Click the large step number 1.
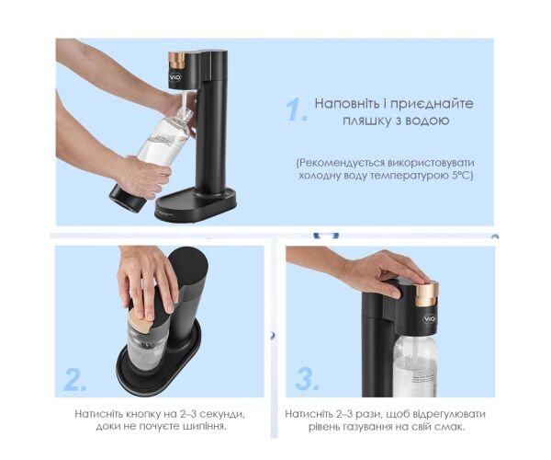(296, 109)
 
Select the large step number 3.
(307, 378)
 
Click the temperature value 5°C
(462, 176)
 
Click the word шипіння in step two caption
(205, 427)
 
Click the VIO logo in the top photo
(175, 76)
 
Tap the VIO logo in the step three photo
(430, 319)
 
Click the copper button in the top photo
(176, 60)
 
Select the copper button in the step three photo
(427, 293)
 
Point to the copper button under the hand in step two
(139, 322)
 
